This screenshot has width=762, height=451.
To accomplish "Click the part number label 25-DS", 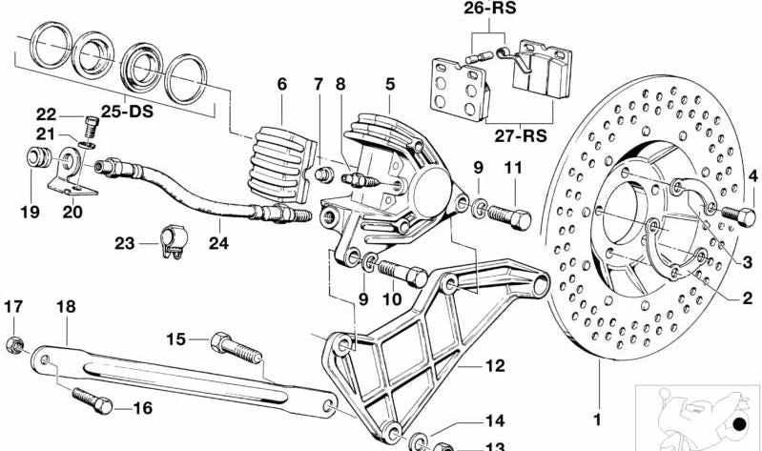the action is [x=127, y=112].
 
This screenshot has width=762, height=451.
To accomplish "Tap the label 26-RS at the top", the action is [x=489, y=8].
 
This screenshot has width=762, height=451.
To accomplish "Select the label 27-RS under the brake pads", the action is [x=521, y=135].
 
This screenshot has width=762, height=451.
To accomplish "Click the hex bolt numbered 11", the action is [x=509, y=216].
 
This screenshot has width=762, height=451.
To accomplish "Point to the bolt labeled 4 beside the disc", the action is [x=738, y=214].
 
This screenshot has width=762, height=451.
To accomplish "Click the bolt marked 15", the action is [x=237, y=348].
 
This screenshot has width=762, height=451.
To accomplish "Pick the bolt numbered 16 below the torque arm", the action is [x=93, y=400].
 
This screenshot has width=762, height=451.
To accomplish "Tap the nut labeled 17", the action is [x=15, y=345].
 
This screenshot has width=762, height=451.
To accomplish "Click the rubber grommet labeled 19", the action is [x=38, y=158].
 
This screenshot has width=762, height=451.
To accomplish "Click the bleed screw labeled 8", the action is [x=359, y=181].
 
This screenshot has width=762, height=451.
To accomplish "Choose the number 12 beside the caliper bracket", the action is [x=495, y=365].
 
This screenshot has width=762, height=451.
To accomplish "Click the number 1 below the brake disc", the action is [x=597, y=419].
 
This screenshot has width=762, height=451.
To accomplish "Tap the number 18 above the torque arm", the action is [x=66, y=307].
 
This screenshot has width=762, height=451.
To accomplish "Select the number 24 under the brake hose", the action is [x=218, y=242].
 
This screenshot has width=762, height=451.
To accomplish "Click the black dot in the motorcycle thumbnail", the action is [x=740, y=424].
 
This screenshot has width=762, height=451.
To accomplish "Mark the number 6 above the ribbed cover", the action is [x=282, y=84].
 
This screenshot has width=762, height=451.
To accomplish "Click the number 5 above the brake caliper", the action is [x=390, y=84].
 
